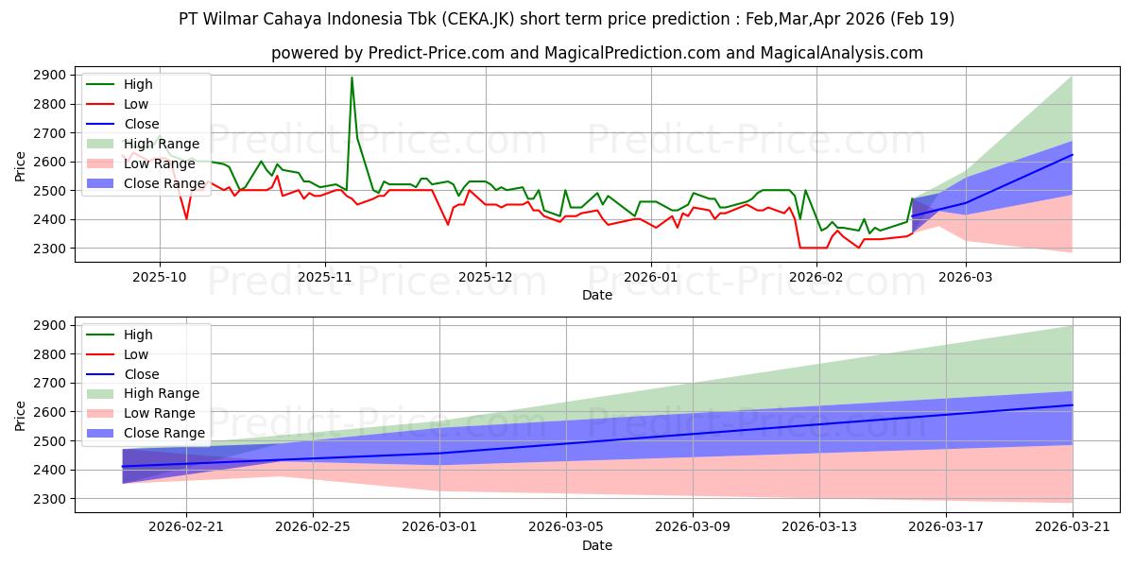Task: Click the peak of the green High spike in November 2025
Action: coord(352,77)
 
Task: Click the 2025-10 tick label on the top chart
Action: coord(160,278)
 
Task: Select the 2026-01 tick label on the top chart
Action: coord(651,278)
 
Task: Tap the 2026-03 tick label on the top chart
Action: coord(966,278)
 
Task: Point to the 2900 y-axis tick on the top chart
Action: coord(49,76)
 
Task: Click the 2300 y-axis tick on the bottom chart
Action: coord(49,499)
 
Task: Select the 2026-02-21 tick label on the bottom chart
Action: coord(186,527)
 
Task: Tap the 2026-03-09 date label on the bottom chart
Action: coord(693,527)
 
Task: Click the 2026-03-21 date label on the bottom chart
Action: coord(1073,527)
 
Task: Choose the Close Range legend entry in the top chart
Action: coord(146,183)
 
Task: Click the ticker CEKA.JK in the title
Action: coord(478,19)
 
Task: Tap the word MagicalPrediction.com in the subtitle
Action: coord(632,53)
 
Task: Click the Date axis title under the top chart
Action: coord(597,295)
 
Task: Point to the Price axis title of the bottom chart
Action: coord(20,416)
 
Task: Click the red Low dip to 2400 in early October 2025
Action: coord(187,218)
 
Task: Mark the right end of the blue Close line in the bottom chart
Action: coord(1073,405)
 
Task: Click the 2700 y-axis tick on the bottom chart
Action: coord(49,384)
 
